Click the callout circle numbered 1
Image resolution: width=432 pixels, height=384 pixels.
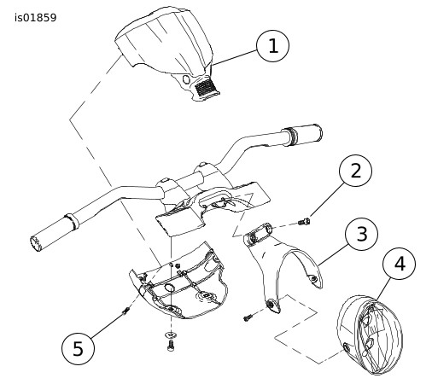(273, 46)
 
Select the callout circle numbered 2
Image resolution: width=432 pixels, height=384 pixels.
(355, 171)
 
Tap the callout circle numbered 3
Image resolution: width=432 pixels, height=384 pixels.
(362, 234)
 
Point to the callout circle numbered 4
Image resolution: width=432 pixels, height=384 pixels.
(399, 264)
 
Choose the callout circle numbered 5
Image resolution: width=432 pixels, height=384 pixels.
(78, 348)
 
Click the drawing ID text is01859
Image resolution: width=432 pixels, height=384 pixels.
(36, 18)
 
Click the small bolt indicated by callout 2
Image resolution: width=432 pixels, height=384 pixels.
(304, 221)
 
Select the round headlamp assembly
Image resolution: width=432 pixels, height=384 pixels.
(370, 335)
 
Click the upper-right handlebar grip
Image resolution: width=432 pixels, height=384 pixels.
(301, 135)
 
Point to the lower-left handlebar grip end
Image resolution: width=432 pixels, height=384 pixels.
(36, 243)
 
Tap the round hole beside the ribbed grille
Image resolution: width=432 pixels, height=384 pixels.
(187, 79)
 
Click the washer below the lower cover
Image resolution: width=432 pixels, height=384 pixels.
(171, 335)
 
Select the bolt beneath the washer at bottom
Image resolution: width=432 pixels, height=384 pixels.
(171, 346)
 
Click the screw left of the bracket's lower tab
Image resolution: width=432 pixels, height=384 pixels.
(248, 317)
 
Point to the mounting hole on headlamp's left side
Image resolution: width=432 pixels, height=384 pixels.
(347, 347)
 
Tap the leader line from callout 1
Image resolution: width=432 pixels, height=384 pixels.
(235, 57)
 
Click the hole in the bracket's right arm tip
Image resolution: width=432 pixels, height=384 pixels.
(314, 279)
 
